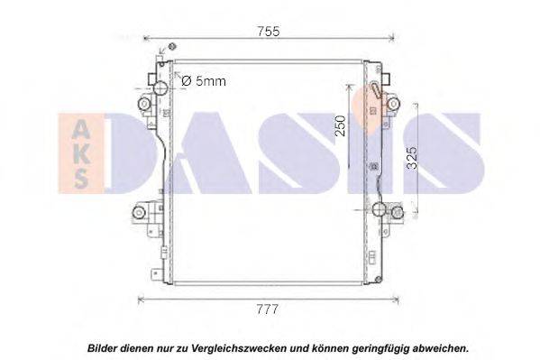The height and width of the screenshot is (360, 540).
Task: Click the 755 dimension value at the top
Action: pyautogui.click(x=269, y=32)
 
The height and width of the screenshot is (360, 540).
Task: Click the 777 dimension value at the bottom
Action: pyautogui.click(x=267, y=309)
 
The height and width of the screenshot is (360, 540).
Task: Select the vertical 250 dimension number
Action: pyautogui.click(x=340, y=125)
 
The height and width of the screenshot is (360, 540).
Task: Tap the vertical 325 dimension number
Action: pyautogui.click(x=412, y=158)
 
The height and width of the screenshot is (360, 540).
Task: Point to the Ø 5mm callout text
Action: pyautogui.click(x=204, y=81)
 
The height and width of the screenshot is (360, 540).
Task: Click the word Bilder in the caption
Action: pyautogui.click(x=102, y=348)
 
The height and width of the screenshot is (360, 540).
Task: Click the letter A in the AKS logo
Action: pyautogui.click(x=81, y=131)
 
